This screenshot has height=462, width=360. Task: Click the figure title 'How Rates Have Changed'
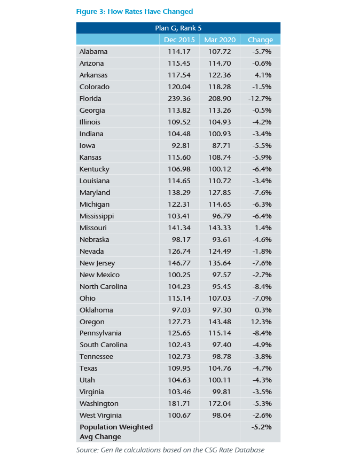point(134,11)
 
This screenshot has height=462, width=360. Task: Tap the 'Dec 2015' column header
point(179,40)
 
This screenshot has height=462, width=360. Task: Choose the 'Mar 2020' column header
point(220,40)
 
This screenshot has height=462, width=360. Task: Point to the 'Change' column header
point(260,40)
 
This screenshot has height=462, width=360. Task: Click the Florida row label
point(90,99)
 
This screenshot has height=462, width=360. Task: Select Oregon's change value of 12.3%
point(262,322)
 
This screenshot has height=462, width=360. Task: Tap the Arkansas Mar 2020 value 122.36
point(220,75)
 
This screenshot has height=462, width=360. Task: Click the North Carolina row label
point(103,287)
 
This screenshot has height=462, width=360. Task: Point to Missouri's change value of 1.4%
point(263,228)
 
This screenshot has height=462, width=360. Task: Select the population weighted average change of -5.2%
point(262,427)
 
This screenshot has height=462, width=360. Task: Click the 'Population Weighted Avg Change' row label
point(116,432)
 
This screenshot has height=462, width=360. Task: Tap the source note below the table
point(170,450)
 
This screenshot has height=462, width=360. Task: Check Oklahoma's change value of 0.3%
point(263,310)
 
